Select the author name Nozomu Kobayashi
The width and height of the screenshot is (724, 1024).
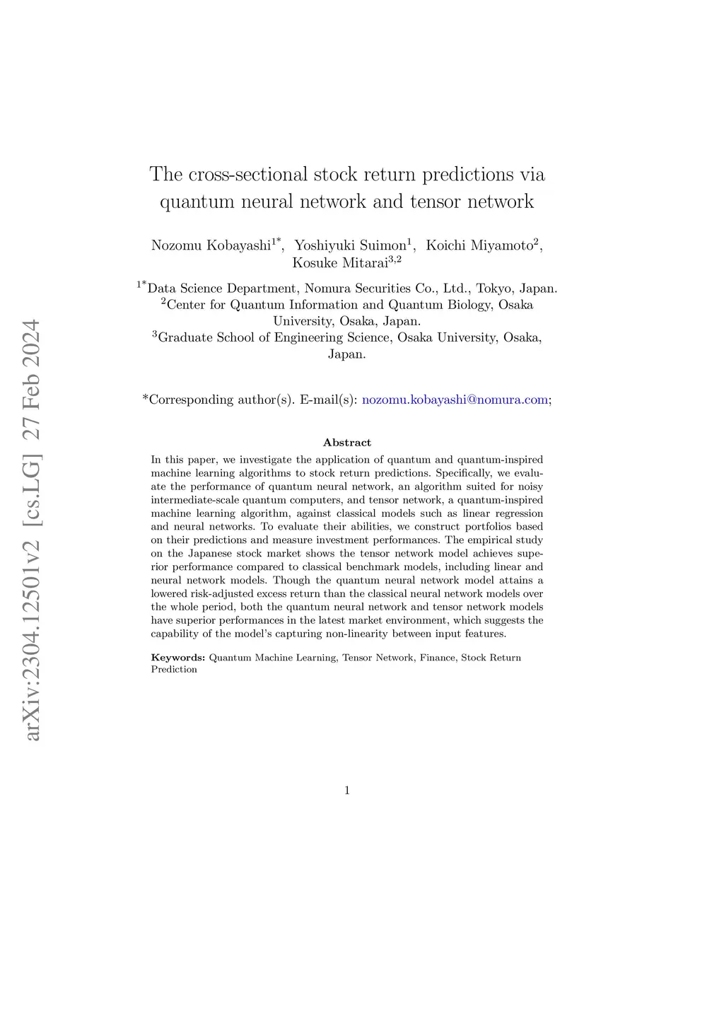click(x=211, y=245)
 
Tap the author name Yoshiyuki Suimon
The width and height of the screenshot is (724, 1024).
click(x=350, y=245)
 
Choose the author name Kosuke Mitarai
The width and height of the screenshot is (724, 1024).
click(x=340, y=263)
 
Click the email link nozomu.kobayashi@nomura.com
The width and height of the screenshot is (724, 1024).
click(x=455, y=400)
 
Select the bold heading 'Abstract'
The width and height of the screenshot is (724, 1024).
click(x=347, y=443)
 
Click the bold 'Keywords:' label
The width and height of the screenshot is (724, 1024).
click(x=178, y=658)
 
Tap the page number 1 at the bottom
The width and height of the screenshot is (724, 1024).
click(x=347, y=791)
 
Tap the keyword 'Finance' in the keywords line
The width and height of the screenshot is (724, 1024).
click(x=438, y=658)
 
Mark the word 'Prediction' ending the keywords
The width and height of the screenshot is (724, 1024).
click(x=174, y=670)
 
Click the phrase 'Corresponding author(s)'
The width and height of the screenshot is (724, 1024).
click(x=221, y=400)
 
